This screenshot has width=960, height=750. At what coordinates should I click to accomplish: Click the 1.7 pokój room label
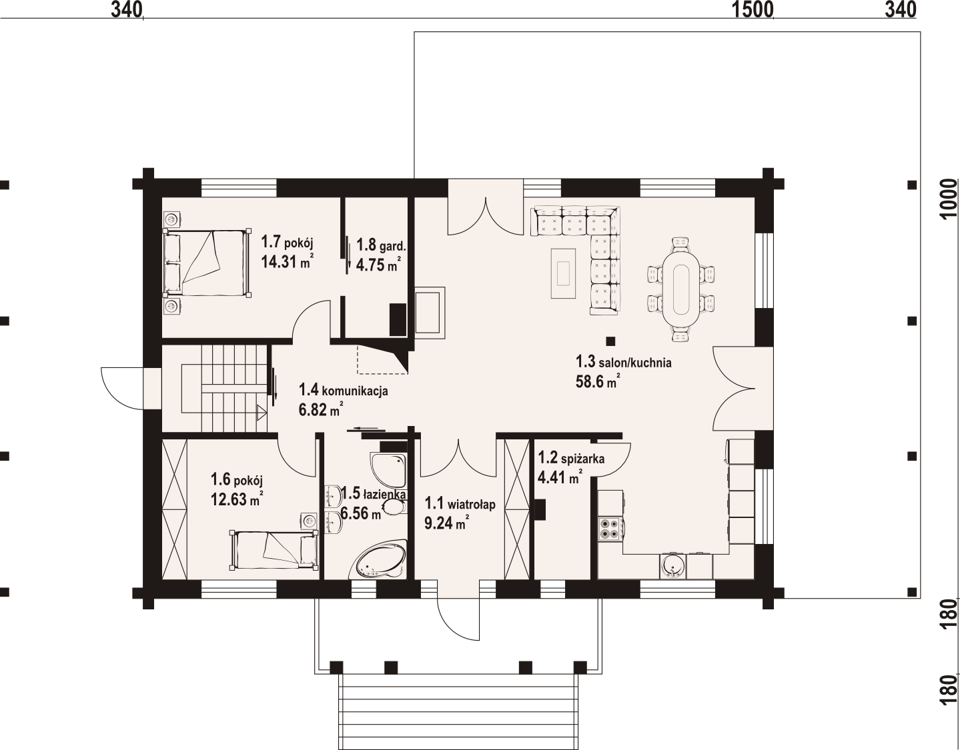[x=287, y=243]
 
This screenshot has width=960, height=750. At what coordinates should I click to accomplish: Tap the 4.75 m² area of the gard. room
[x=379, y=265]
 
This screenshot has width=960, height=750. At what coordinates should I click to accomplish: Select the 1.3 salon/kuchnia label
[x=623, y=363]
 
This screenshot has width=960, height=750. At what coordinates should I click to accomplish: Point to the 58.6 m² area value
[x=597, y=381]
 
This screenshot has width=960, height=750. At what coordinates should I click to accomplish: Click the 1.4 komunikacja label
[x=344, y=390]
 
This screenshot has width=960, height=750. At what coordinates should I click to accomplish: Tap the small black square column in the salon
[x=610, y=341]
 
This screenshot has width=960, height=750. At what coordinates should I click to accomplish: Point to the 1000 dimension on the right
[x=948, y=199]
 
